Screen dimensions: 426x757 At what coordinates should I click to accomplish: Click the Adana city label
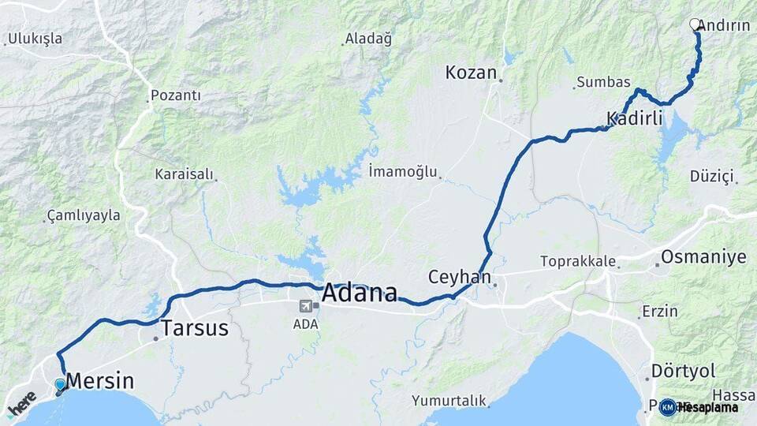click(359, 293)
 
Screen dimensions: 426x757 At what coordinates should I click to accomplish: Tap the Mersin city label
click(99, 382)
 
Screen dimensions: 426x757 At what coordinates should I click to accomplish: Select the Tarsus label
click(195, 328)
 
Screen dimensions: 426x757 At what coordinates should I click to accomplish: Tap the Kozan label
click(471, 73)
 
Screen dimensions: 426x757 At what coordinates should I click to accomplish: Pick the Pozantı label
click(175, 95)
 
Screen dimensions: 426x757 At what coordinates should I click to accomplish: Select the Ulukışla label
click(35, 39)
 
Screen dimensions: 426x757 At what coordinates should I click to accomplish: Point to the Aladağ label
click(368, 39)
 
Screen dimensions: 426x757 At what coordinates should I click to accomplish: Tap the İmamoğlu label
click(402, 171)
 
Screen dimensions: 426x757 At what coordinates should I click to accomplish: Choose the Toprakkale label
click(577, 261)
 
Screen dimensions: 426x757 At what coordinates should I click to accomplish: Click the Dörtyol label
click(683, 371)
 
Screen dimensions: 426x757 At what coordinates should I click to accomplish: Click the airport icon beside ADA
click(305, 306)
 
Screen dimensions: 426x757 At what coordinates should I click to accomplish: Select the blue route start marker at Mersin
click(60, 385)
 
